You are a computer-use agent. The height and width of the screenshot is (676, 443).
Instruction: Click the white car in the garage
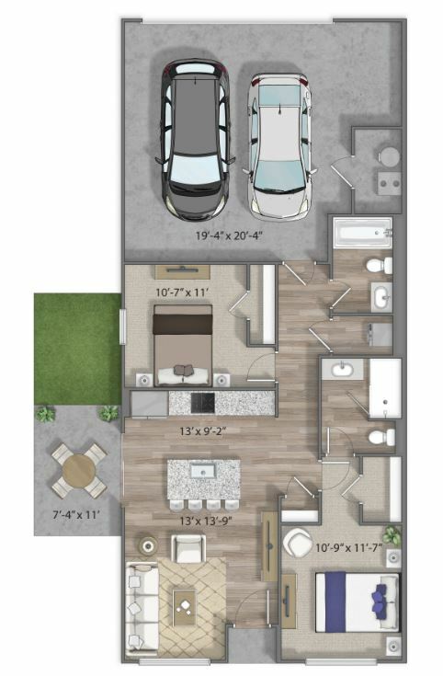click(281, 145)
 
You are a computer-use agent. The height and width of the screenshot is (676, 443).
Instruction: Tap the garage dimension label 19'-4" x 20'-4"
click(229, 235)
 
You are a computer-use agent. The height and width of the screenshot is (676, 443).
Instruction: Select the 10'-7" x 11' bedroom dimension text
click(182, 292)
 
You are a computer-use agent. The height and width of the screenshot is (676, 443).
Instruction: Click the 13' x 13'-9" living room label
click(206, 521)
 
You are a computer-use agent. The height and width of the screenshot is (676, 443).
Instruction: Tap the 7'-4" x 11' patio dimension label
click(76, 514)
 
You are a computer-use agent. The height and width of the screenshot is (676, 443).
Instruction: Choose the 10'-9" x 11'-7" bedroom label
click(349, 548)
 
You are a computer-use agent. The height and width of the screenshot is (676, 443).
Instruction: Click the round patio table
click(78, 471)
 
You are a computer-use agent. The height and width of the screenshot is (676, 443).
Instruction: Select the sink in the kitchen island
click(202, 471)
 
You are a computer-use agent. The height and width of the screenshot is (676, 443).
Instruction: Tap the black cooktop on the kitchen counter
click(202, 403)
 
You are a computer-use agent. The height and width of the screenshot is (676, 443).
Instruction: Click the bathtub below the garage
click(363, 234)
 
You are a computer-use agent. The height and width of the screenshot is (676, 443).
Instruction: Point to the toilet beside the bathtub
click(381, 265)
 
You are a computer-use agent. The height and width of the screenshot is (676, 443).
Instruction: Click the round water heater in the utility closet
click(389, 156)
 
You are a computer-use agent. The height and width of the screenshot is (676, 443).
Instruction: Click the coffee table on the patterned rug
click(184, 607)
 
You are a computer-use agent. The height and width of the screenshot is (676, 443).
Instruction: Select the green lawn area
click(77, 349)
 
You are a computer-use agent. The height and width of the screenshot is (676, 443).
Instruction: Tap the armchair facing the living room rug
click(188, 548)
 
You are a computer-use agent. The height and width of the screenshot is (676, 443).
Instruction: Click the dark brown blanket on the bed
click(183, 324)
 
